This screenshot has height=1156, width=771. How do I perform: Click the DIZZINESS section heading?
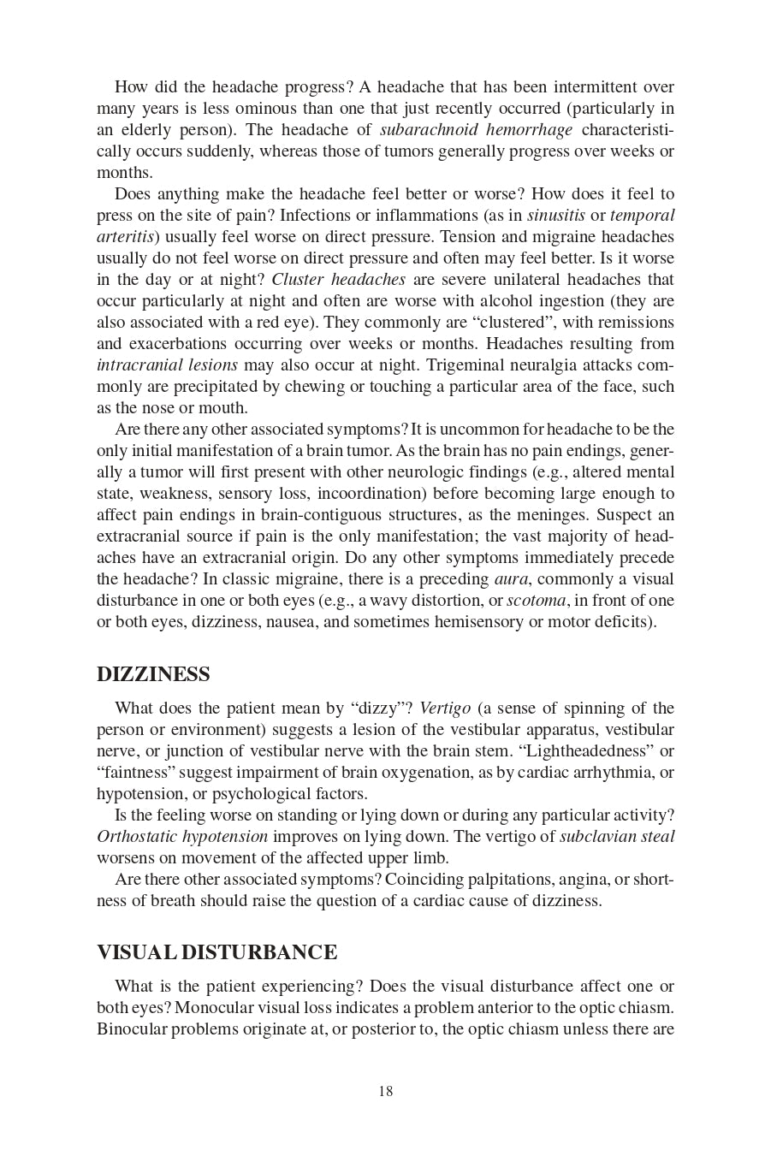click(x=153, y=674)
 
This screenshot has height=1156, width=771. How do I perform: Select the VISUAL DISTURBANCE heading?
click(x=216, y=952)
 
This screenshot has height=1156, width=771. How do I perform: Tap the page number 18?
click(x=385, y=1091)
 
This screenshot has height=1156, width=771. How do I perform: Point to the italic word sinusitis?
click(x=555, y=216)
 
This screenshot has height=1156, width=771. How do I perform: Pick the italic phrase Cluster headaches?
click(x=339, y=280)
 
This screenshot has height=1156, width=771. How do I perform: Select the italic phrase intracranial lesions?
click(x=167, y=365)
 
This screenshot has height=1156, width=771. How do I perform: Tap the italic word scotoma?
click(x=536, y=601)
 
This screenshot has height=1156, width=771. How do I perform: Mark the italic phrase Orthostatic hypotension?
click(x=182, y=837)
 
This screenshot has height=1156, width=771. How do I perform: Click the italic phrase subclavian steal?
click(x=617, y=837)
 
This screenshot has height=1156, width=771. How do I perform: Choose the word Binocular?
click(x=132, y=1029)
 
